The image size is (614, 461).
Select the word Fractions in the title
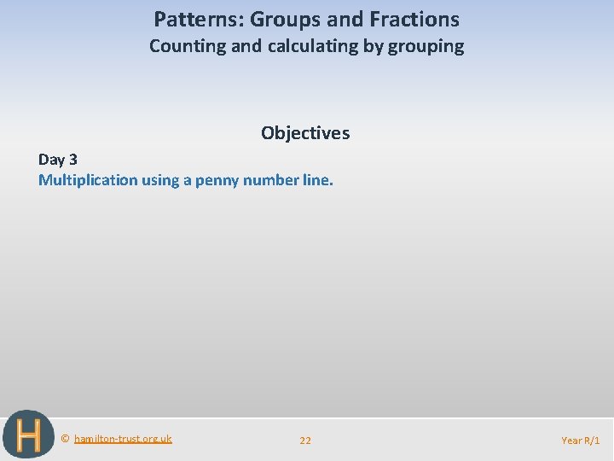[x=414, y=19]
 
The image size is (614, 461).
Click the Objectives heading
[x=305, y=133]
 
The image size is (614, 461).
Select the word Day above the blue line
[x=50, y=160]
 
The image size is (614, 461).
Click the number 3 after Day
[x=72, y=160]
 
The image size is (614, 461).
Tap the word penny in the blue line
[x=217, y=180]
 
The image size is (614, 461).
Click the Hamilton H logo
[x=27, y=435]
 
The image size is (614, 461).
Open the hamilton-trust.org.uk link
[x=123, y=439]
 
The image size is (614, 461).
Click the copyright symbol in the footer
[x=66, y=439]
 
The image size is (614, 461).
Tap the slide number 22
[x=305, y=441]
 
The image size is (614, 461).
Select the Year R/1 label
[x=580, y=441]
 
